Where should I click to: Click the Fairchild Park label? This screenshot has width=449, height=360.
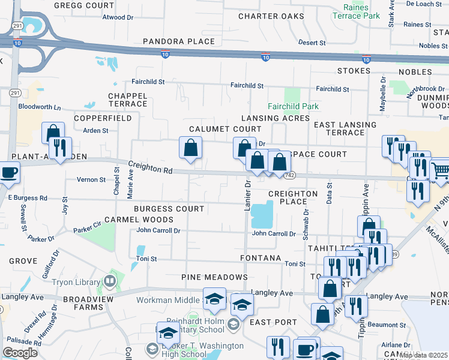293,106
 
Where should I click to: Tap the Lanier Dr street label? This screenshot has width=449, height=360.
247,197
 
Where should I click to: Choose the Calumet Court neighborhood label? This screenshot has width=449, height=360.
225,129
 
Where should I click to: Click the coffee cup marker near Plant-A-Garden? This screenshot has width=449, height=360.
8,172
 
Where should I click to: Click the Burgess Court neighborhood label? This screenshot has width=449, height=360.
169,209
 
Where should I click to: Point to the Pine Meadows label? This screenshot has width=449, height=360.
214,277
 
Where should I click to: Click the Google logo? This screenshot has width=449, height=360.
19,352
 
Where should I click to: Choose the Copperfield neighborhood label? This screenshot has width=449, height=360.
103,119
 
